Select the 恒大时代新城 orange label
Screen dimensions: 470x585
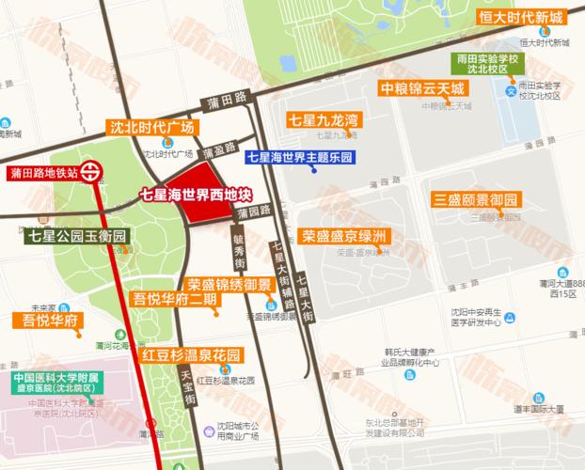point(524,18)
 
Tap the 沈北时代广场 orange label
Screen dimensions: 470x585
point(152,127)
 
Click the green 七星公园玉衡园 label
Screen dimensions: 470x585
point(77,236)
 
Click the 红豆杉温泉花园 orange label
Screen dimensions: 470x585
point(192,356)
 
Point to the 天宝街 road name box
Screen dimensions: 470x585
point(185,386)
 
